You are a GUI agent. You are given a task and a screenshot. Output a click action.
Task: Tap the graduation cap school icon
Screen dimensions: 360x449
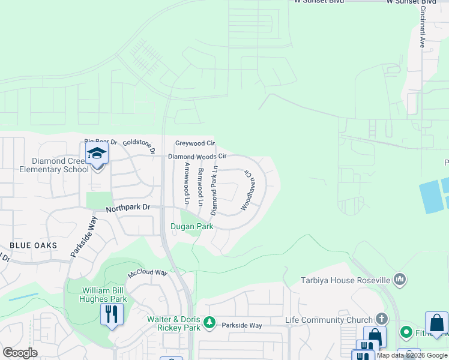tap(97, 154)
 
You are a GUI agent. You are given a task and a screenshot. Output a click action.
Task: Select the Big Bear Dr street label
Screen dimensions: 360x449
tap(100, 141)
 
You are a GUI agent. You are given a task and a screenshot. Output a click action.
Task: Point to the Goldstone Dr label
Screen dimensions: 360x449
tap(139, 146)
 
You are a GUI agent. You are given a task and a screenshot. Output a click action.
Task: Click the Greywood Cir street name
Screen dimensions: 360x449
tap(194, 143)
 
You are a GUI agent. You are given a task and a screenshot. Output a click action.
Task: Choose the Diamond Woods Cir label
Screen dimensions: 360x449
tap(197, 156)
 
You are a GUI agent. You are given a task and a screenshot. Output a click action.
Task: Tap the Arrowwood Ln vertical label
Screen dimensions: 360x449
tap(187, 184)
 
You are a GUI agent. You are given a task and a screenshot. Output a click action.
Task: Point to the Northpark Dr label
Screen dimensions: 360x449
tap(127, 208)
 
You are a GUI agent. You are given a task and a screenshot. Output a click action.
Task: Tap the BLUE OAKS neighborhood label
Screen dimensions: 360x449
tap(33, 245)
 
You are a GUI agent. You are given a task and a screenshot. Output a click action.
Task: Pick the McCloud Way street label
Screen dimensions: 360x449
tap(147, 273)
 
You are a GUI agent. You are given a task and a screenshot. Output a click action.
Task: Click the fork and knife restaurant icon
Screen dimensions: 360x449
tap(112, 314)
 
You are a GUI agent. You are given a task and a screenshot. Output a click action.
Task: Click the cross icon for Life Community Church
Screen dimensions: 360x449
tap(381, 319)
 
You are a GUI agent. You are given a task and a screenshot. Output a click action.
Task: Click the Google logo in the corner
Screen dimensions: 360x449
tap(20, 352)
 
